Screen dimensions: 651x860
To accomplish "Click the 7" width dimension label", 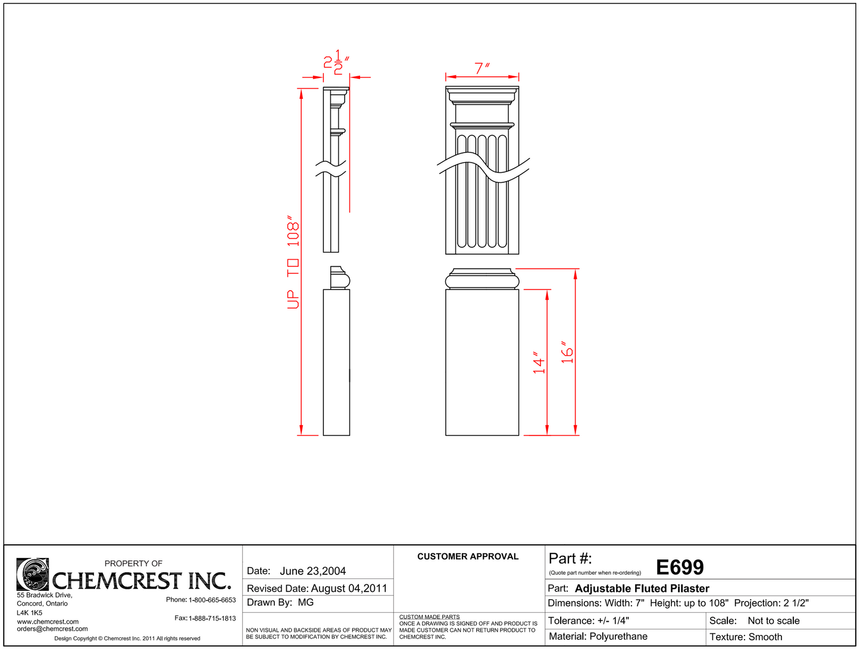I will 481,68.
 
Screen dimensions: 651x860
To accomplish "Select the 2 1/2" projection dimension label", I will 336,63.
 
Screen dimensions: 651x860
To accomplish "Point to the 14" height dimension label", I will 539,362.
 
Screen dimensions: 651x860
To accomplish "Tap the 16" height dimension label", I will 568,353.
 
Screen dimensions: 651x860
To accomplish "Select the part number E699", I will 680,568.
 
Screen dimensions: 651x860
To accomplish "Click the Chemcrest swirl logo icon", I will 33,574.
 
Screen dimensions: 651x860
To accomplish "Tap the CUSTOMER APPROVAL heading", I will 468,556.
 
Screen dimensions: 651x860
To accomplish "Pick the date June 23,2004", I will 312,571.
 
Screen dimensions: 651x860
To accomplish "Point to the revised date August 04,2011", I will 349,588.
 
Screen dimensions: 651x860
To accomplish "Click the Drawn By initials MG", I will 306,603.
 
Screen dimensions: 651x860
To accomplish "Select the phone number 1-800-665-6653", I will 212,600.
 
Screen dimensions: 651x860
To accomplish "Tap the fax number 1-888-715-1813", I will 212,618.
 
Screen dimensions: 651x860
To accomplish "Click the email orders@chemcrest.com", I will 52,629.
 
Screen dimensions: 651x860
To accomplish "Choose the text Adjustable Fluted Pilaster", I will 642,588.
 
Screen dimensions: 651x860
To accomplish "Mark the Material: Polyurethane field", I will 598,637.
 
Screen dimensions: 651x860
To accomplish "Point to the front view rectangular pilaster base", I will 482,362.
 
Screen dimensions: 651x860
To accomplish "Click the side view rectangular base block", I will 336,362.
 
